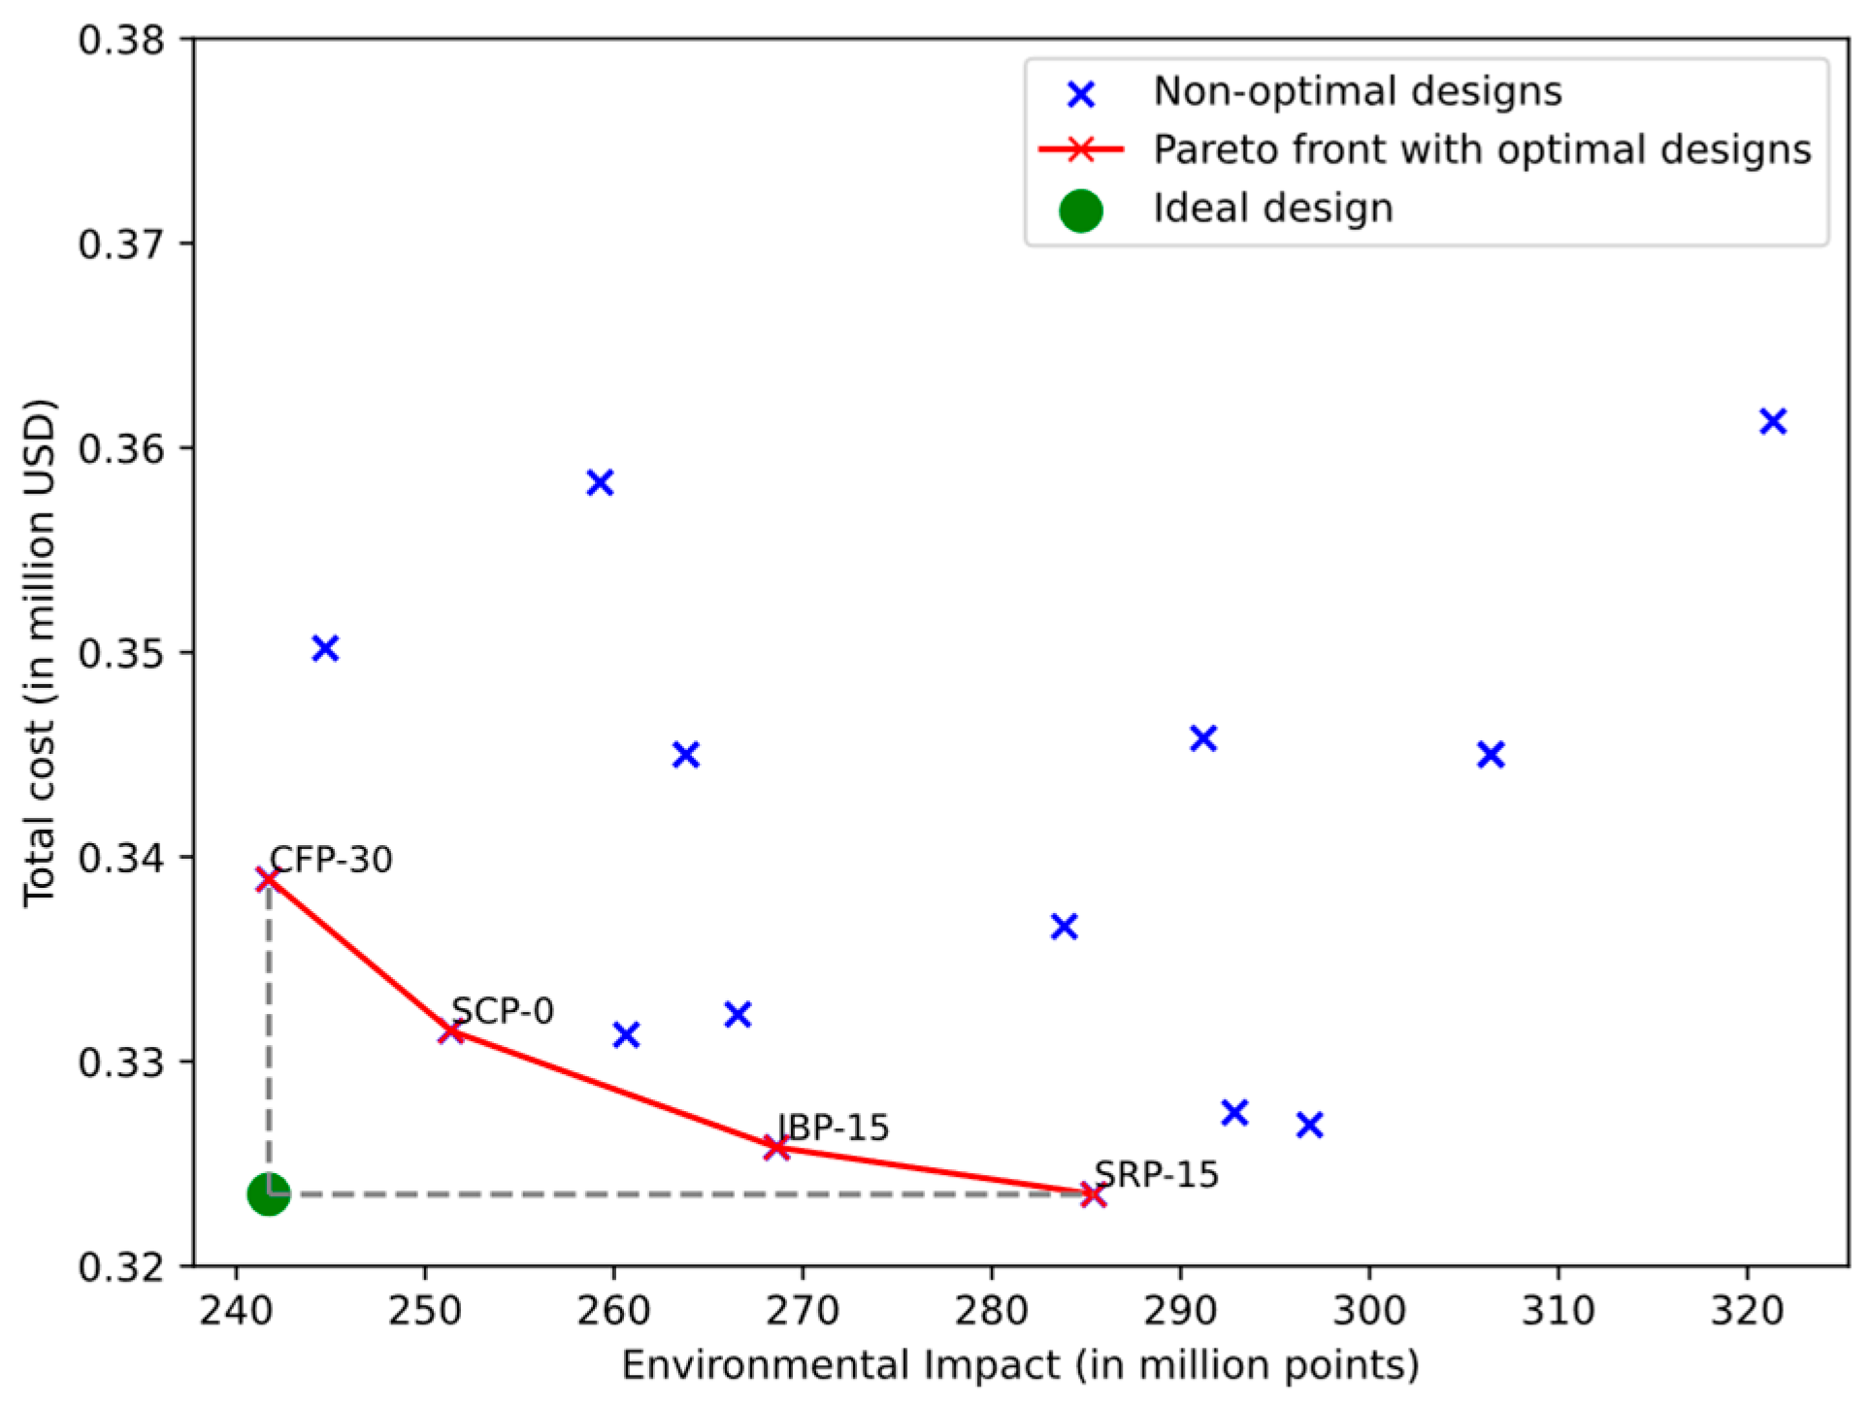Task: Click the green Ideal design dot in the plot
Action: click(269, 1194)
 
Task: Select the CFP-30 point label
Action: click(331, 860)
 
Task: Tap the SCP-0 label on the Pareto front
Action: click(503, 1011)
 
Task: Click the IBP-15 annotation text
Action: click(834, 1127)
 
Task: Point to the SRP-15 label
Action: click(1156, 1175)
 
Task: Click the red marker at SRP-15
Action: click(1094, 1195)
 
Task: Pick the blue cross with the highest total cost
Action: click(1773, 421)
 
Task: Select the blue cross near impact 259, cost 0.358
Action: click(600, 482)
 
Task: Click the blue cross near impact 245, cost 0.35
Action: click(325, 648)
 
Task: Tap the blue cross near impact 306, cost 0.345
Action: click(1491, 754)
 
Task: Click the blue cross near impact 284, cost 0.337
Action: click(1065, 927)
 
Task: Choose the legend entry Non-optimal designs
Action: click(1357, 91)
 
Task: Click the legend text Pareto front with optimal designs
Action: click(1481, 149)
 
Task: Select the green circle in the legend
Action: click(1081, 210)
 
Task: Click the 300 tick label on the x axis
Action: click(1368, 1312)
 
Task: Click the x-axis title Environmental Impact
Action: click(1020, 1365)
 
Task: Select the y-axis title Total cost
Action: click(40, 653)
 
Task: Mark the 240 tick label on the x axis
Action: click(235, 1312)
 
